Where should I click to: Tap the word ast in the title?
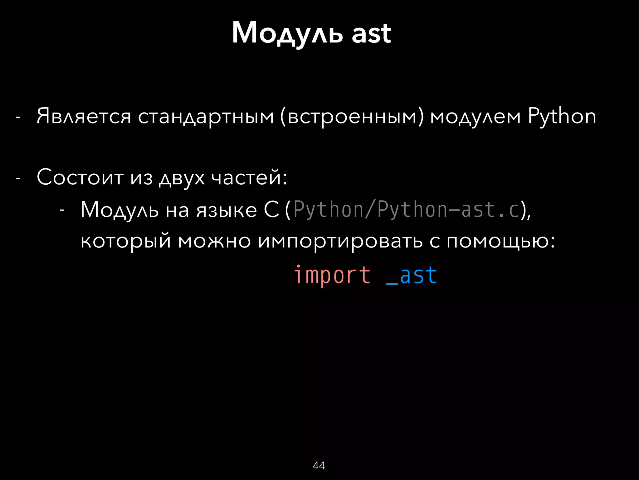point(371,34)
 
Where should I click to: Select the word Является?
point(84,116)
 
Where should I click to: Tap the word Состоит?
point(80,177)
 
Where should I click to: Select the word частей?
point(249,177)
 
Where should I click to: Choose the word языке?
point(227,210)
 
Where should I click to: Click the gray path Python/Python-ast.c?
point(406,210)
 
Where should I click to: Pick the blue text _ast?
point(412,276)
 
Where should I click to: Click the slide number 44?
point(319,466)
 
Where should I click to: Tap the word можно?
point(214,241)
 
